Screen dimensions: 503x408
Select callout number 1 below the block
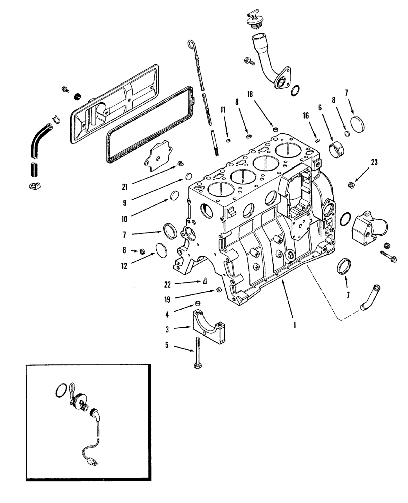295,325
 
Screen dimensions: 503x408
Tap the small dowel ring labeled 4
198,303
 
